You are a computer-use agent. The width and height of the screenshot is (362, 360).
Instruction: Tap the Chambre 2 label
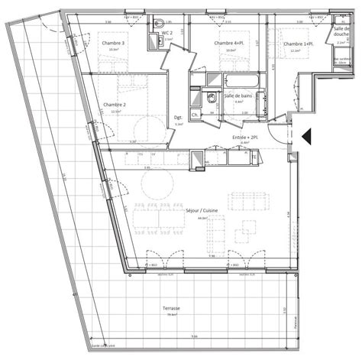(113, 103)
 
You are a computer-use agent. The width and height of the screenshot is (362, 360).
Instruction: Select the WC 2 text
(167, 34)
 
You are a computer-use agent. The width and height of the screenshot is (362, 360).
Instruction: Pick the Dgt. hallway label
(178, 117)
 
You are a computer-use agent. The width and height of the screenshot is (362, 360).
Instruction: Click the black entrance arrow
(307, 136)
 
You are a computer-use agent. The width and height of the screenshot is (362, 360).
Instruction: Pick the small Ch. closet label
(196, 115)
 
